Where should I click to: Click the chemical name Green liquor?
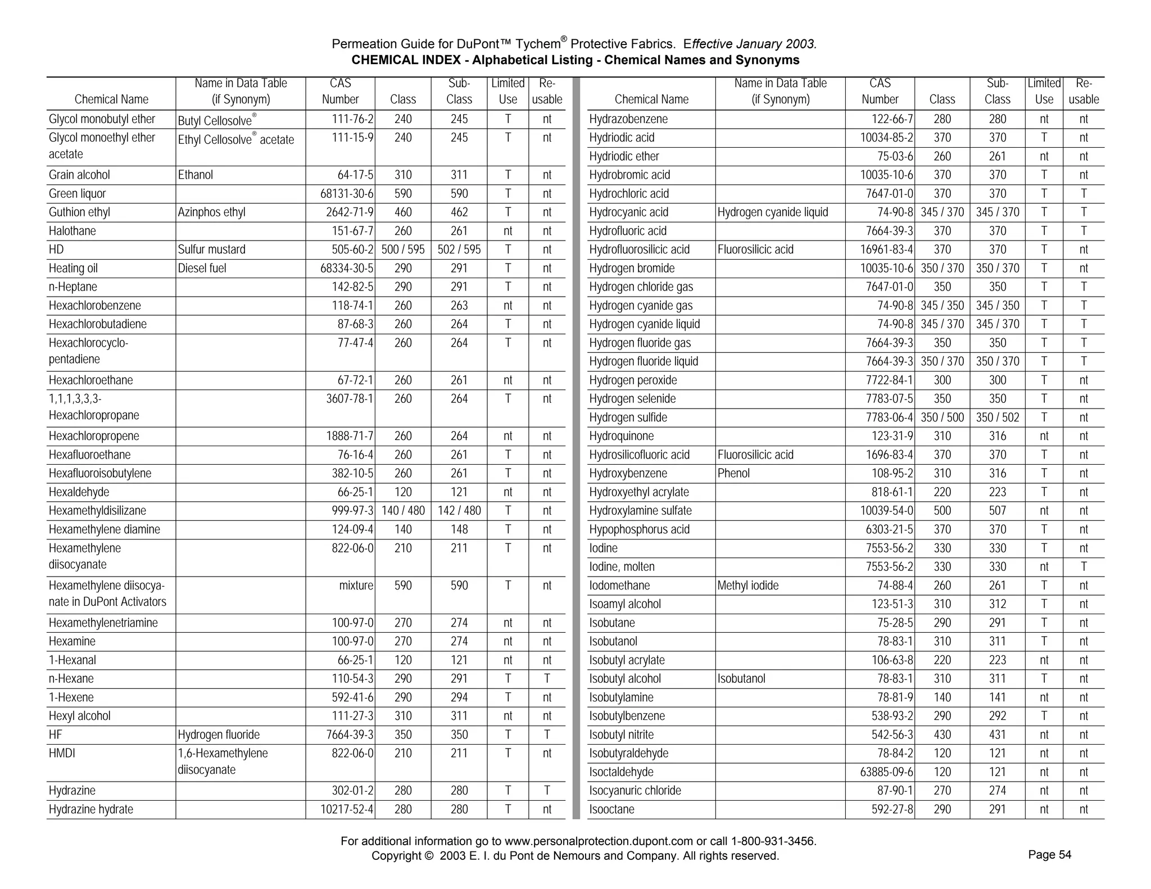point(77,194)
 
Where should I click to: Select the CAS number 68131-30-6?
point(347,194)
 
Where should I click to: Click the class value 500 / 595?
point(403,250)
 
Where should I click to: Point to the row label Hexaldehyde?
point(79,492)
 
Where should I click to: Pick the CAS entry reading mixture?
point(356,586)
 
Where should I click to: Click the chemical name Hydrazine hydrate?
point(91,810)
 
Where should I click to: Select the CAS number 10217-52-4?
point(347,810)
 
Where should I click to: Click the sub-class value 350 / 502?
point(997,418)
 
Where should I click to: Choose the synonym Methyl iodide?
point(747,586)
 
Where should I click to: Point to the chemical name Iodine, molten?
point(622,567)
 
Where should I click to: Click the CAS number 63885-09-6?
point(887,772)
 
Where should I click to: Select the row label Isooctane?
point(611,810)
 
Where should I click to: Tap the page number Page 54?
point(1049,855)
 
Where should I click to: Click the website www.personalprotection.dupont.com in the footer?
point(599,841)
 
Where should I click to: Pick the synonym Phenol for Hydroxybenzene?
point(733,474)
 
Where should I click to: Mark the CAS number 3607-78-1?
point(350,399)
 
